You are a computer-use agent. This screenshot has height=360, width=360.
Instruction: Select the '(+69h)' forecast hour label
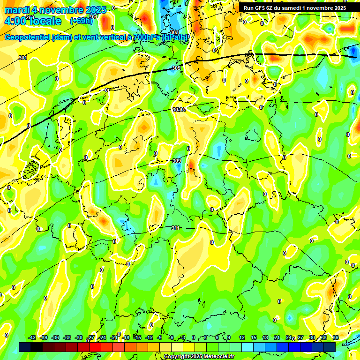click(x=81, y=21)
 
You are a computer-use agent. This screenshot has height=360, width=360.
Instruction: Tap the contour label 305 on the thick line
click(x=176, y=68)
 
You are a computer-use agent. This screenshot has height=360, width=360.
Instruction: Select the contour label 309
click(x=177, y=161)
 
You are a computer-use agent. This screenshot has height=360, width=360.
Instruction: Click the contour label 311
click(x=175, y=228)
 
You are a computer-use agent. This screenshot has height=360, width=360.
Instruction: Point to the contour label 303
click(x=174, y=32)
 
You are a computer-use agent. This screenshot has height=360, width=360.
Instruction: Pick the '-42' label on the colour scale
click(x=32, y=337)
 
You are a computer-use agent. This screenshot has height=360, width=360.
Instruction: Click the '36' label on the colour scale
click(x=335, y=337)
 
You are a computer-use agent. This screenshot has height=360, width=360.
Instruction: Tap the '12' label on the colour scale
click(x=242, y=337)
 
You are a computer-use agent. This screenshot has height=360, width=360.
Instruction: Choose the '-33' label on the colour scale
click(x=67, y=337)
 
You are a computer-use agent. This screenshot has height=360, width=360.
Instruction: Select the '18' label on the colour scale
click(x=265, y=337)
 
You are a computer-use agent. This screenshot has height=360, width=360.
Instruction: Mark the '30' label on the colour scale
click(x=312, y=337)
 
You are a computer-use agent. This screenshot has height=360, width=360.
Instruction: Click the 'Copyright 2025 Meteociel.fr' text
click(x=198, y=356)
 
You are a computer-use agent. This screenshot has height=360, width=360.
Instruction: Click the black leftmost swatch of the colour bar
click(x=25, y=346)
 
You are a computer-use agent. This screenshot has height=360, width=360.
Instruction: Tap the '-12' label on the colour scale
click(x=149, y=337)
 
